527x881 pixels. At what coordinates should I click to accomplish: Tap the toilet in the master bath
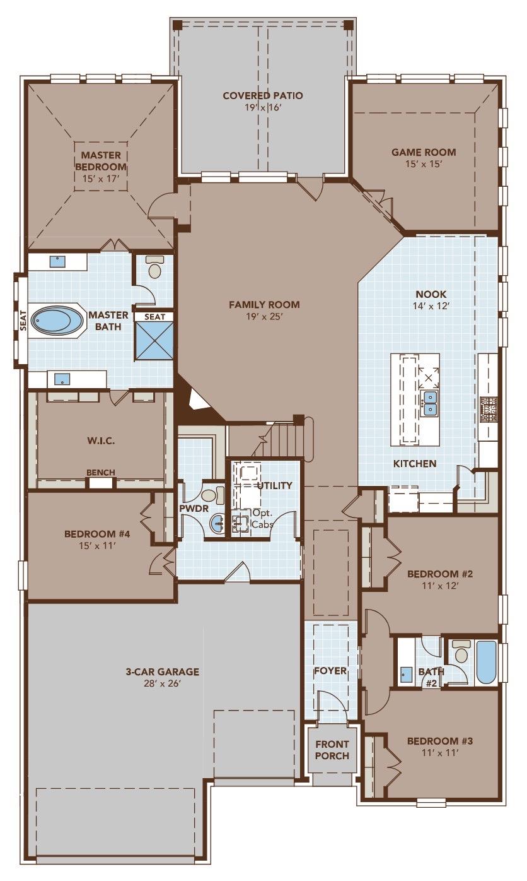pos(154,268)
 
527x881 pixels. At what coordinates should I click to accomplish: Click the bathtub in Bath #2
pos(486,662)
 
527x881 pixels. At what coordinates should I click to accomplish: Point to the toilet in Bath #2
pos(461,652)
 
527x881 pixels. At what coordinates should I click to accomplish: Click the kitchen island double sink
pos(430,404)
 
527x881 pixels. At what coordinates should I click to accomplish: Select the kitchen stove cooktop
pos(489,409)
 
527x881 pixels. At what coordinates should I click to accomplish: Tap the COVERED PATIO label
pos(263,96)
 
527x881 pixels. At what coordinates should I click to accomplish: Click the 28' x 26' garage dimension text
pos(163,683)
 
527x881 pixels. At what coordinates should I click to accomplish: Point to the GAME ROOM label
pos(424,152)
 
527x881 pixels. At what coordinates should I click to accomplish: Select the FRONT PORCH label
pos(332,750)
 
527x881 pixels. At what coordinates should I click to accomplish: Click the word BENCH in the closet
pos(101,473)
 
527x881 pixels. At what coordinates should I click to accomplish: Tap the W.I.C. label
pos(101,440)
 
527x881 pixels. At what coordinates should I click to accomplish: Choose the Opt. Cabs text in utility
pos(262,518)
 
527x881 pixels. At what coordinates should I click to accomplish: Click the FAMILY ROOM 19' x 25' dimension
pos(264,316)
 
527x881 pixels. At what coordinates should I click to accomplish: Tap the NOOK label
pos(431,294)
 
